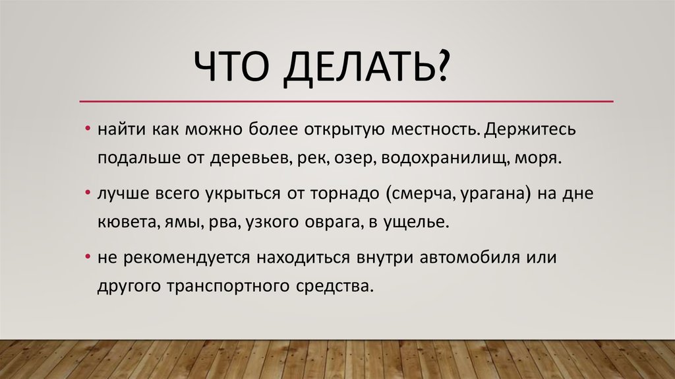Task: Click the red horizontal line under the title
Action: coord(346,102)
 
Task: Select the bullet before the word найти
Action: coord(88,128)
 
